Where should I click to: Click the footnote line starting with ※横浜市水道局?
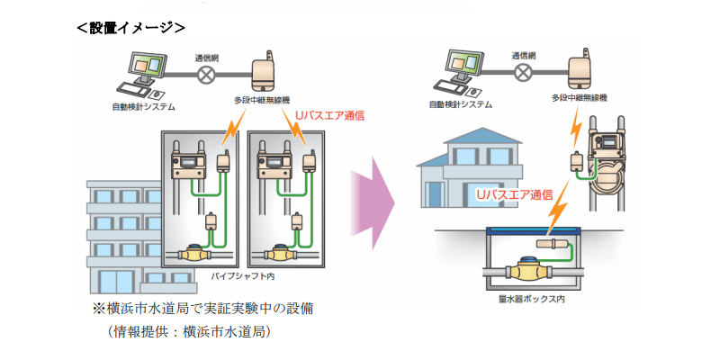(202, 309)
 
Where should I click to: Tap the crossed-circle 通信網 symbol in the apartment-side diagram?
(206, 76)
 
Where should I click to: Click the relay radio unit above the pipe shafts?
(264, 72)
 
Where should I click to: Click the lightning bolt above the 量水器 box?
(557, 211)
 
